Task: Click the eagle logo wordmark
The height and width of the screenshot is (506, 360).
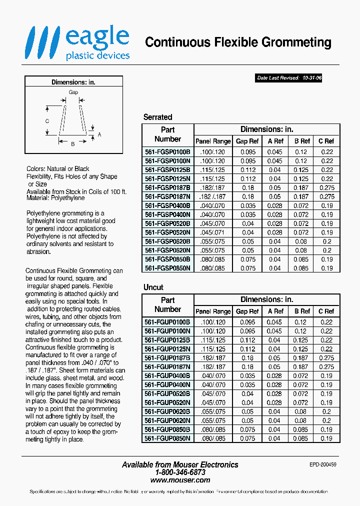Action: point(97,38)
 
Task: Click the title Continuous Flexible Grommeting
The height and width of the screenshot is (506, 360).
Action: point(238,42)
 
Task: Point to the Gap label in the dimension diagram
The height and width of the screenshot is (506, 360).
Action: point(73,92)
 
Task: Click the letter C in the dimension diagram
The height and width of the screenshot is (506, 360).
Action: point(47,121)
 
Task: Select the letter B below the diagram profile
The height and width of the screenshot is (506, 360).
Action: point(72,144)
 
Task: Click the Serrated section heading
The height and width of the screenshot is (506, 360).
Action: point(157,117)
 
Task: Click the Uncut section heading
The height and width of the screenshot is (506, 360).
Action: point(153,287)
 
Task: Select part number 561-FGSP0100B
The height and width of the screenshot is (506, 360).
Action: point(167,152)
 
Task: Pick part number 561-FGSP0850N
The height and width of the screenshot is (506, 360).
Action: point(167,268)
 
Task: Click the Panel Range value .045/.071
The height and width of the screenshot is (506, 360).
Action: point(213,232)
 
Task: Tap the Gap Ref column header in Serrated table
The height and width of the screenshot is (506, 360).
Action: point(247,141)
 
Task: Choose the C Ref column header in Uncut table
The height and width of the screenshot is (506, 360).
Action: point(326,311)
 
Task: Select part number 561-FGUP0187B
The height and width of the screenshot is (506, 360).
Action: point(167,358)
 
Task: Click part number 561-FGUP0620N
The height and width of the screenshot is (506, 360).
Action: point(167,420)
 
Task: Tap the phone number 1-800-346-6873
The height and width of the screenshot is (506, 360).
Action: point(180,472)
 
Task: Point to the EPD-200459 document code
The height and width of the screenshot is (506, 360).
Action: point(323,464)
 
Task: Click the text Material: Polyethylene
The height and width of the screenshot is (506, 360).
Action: point(55,198)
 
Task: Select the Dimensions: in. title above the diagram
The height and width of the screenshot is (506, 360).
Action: point(73,82)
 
